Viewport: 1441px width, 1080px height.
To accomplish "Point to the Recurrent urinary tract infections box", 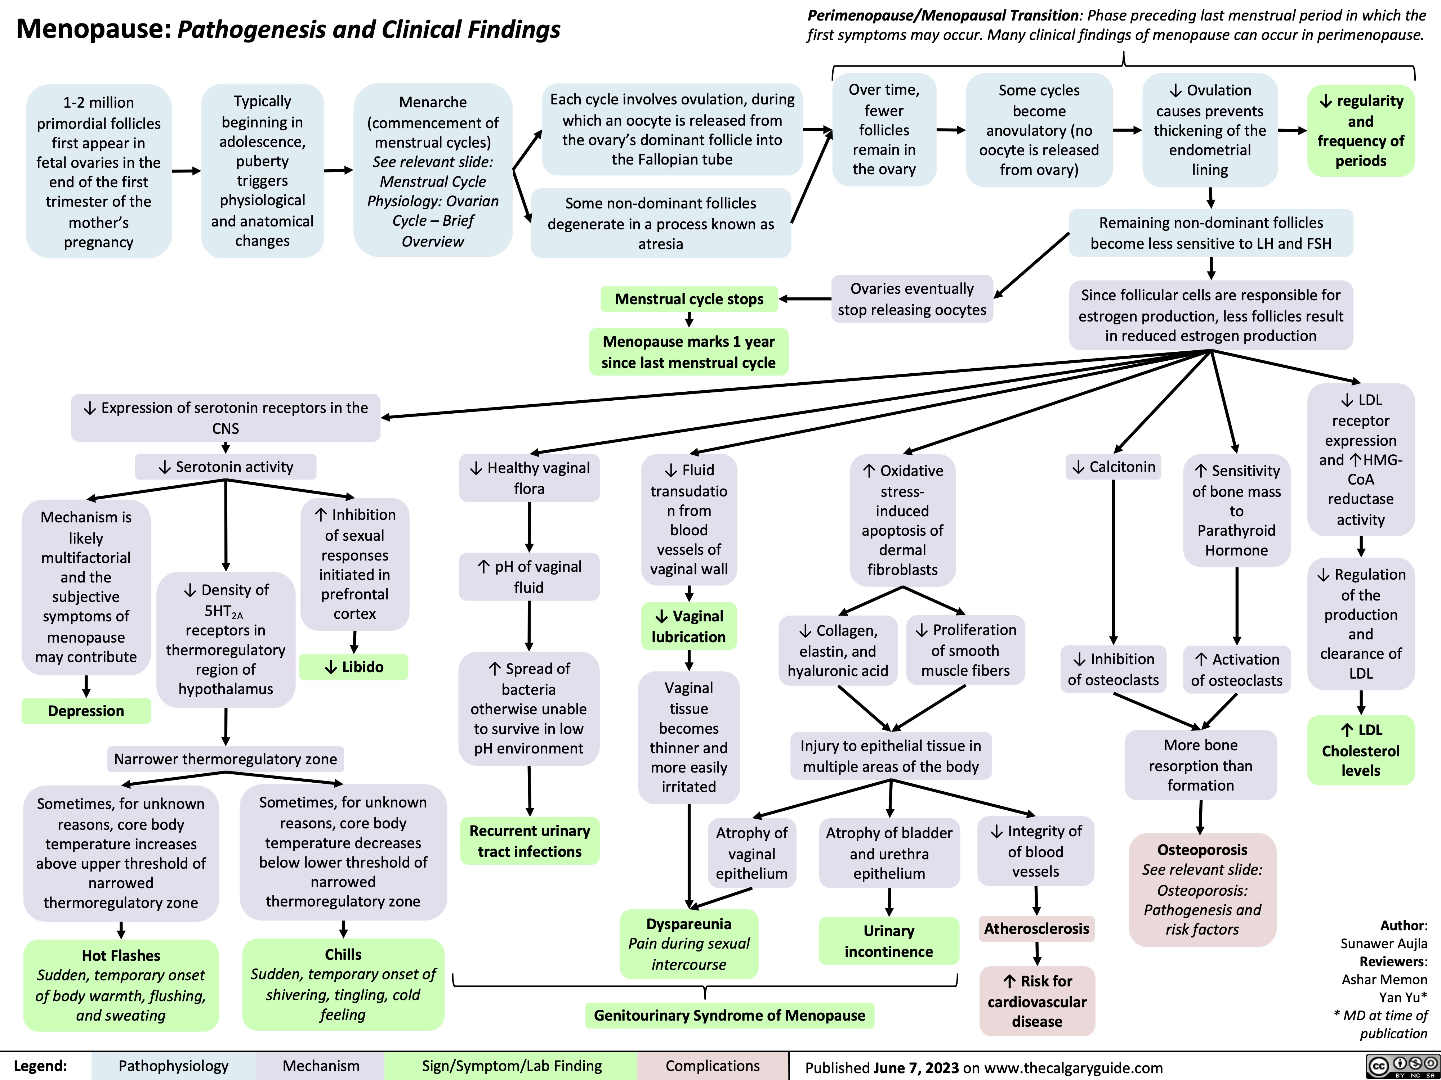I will [x=530, y=841].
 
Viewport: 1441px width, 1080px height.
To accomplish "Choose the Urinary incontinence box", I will [x=889, y=941].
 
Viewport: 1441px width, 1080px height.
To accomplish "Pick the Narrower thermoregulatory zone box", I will [x=226, y=759].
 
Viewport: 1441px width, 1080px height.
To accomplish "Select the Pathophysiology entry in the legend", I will [x=173, y=1066].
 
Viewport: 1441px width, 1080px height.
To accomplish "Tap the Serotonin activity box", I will [x=226, y=467].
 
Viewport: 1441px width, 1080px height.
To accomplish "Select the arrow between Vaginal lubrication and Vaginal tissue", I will [x=688, y=660].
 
